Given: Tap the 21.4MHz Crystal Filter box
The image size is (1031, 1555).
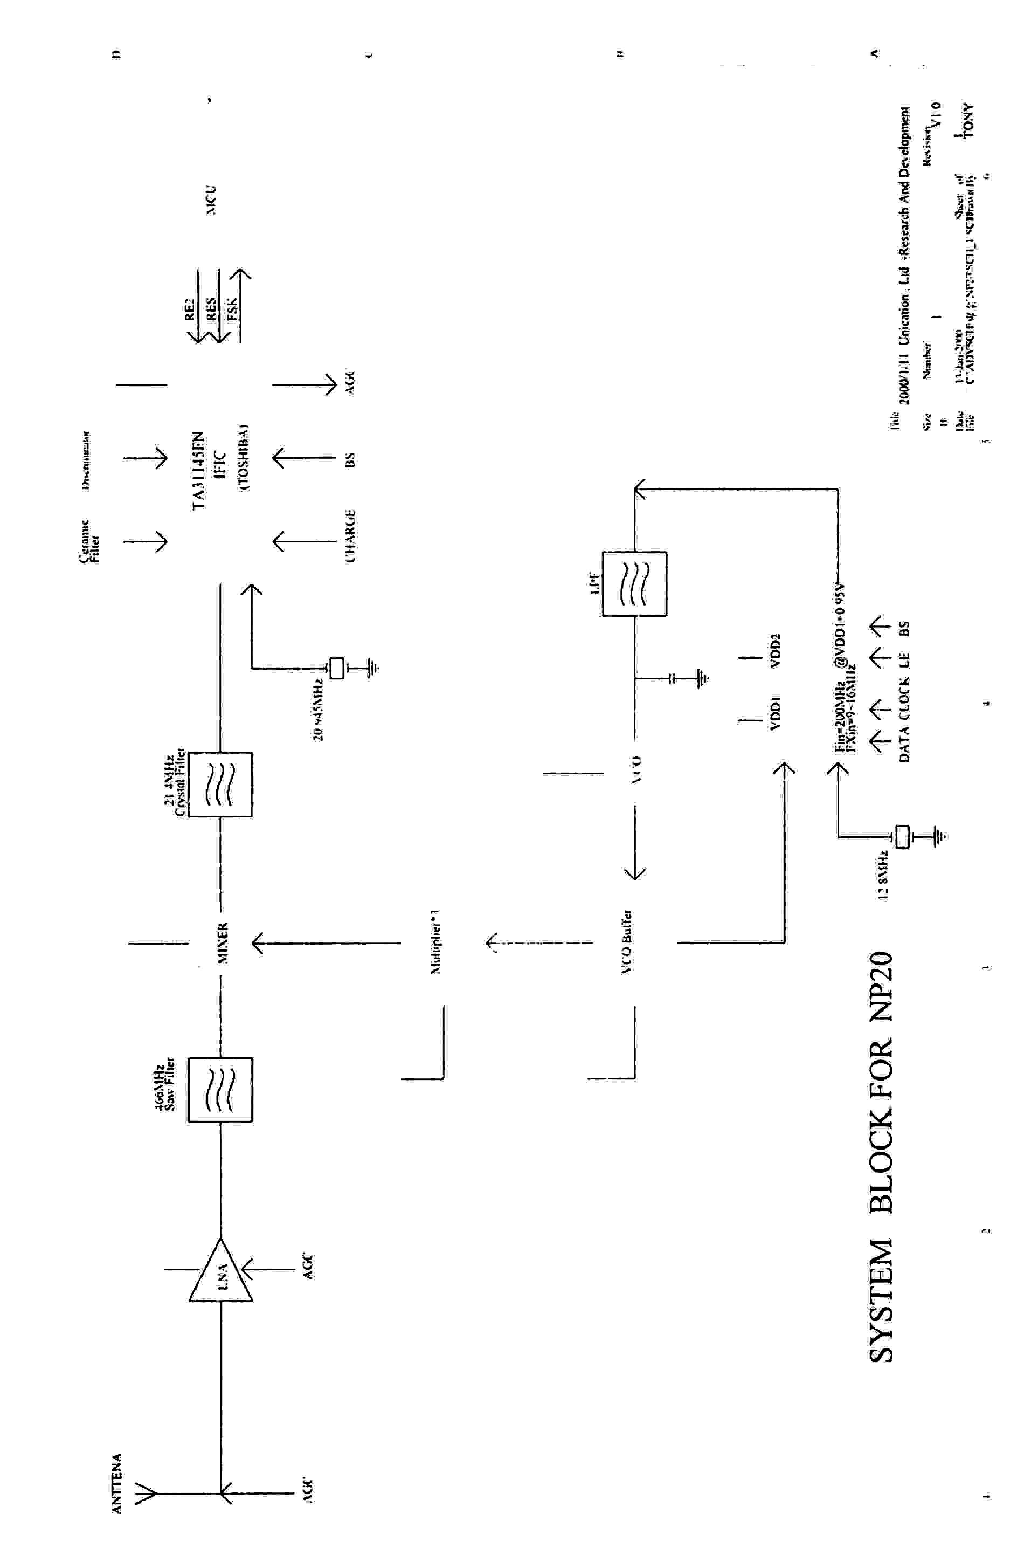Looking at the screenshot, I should pos(220,785).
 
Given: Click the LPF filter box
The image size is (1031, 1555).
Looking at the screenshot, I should pos(634,584).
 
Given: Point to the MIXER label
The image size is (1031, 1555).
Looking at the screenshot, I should pos(223,943).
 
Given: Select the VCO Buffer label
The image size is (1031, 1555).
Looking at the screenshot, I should pos(627,942).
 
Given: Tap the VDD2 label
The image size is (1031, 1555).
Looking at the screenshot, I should pos(775,651).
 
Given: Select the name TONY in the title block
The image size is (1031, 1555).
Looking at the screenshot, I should pos(966,121).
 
